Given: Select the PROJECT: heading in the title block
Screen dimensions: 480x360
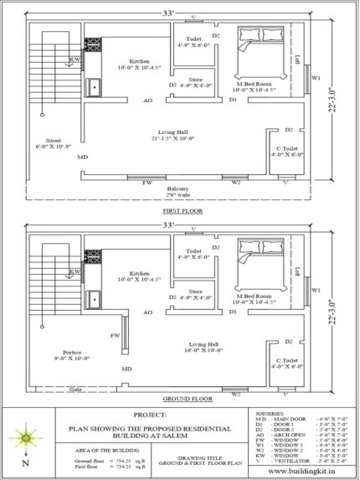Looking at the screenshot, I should point(150,415).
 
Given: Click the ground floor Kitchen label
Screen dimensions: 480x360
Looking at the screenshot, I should point(139,273).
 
